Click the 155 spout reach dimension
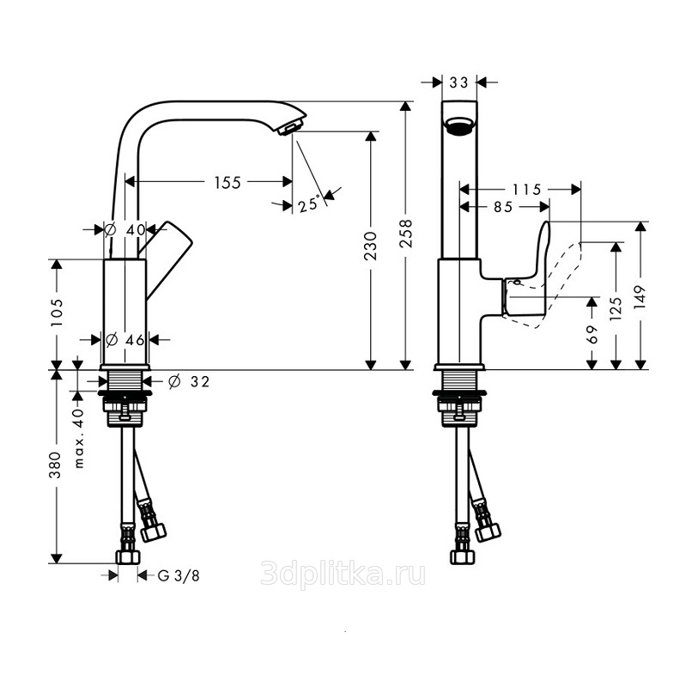228,182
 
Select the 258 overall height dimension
406,233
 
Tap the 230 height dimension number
371,246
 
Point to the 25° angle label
309,204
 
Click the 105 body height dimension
57,313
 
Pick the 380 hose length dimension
56,465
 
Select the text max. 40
78,439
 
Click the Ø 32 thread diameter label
189,381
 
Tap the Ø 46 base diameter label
125,339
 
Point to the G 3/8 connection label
179,575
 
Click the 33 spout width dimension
459,82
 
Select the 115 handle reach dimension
526,190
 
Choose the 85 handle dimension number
503,206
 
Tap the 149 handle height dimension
640,296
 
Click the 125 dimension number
616,308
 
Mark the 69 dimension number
592,334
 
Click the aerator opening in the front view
459,125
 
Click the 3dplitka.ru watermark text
343,574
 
